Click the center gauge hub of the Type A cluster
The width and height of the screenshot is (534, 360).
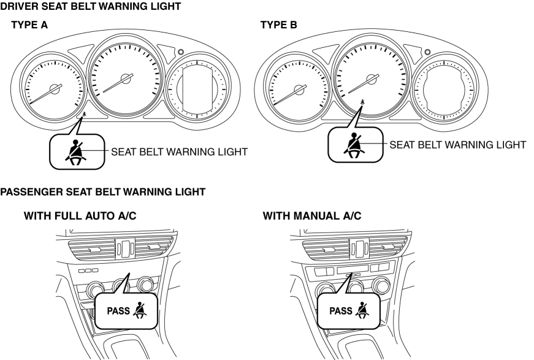click(x=126, y=79)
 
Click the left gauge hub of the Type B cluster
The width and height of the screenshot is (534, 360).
click(x=300, y=90)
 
